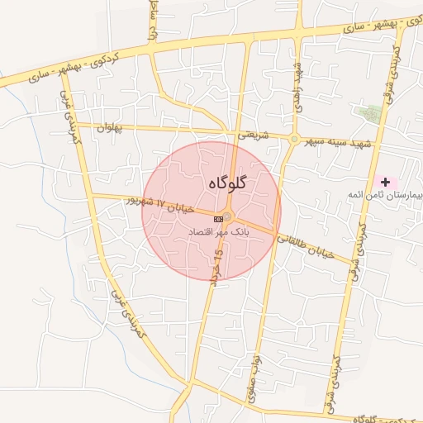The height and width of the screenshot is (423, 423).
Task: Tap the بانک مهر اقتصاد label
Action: (219, 234)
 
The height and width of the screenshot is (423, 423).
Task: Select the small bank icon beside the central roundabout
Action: (218, 218)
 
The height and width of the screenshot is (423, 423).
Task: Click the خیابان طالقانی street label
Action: (305, 246)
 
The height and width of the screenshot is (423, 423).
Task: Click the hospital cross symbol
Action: (385, 181)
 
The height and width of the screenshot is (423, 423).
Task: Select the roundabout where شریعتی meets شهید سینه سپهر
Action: (293, 139)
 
